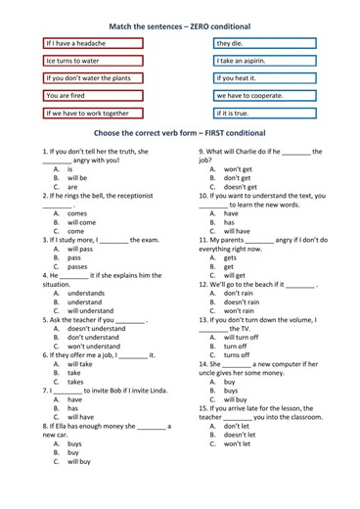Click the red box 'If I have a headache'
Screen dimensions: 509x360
click(93, 43)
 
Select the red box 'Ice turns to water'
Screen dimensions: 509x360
click(93, 61)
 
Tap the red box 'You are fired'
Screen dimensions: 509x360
click(93, 96)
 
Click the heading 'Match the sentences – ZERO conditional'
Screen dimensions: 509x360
click(181, 24)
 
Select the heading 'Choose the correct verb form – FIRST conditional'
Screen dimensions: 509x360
click(181, 134)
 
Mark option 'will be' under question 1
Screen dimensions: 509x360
click(77, 178)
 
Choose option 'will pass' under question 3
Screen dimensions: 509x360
click(80, 249)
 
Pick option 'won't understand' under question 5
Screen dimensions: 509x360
click(94, 346)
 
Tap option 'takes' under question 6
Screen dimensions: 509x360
click(75, 382)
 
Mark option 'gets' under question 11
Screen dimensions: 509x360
click(231, 257)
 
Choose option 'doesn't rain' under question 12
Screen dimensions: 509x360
click(242, 301)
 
